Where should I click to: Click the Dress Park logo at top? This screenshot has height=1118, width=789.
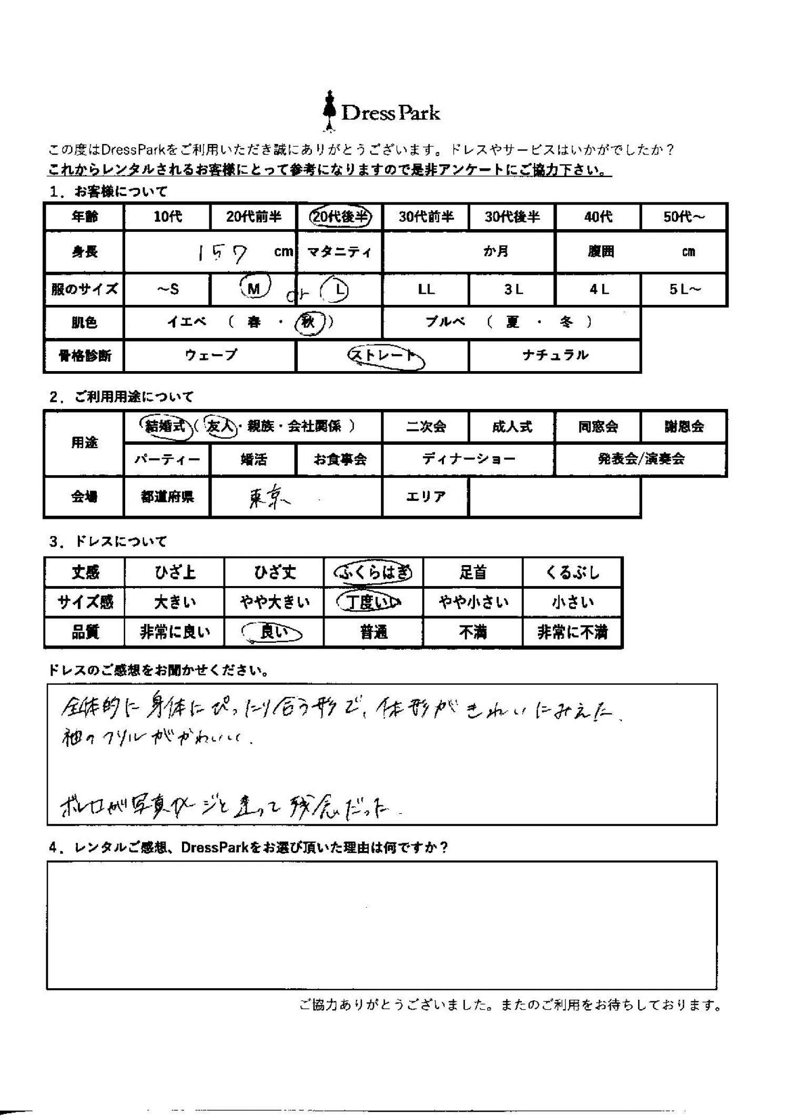pos(382,112)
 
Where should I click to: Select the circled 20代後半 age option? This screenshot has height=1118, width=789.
pos(340,217)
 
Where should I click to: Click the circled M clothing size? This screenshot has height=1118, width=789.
pos(255,288)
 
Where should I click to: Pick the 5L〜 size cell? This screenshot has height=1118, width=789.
pos(684,289)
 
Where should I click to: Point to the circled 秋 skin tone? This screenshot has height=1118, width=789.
pos(308,321)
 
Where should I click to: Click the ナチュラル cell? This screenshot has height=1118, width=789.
pos(555,356)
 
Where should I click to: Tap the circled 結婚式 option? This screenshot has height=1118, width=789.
pos(166,426)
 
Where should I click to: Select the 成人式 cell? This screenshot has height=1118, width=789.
pos(512,426)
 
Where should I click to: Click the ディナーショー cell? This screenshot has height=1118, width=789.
pos(468,459)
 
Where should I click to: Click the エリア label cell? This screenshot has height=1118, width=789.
pos(426,497)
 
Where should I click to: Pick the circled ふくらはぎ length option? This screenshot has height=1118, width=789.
pos(373,572)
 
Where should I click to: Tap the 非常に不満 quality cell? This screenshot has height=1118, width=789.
pos(572,632)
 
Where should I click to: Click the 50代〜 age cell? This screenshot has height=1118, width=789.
pos(683,217)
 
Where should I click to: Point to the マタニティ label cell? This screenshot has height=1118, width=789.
pos(340,252)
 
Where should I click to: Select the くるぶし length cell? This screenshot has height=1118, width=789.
pos(572,572)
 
